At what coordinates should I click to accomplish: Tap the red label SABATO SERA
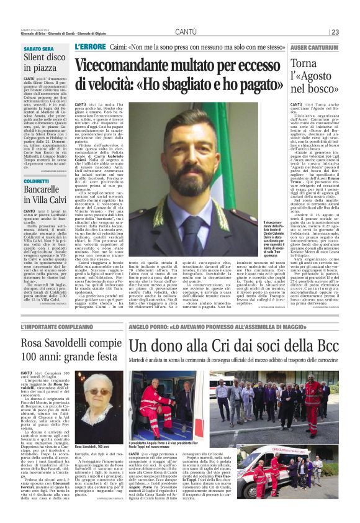coord(38,48)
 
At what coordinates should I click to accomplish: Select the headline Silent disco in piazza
coord(45,63)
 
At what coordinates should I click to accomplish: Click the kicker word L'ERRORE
coord(89,47)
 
